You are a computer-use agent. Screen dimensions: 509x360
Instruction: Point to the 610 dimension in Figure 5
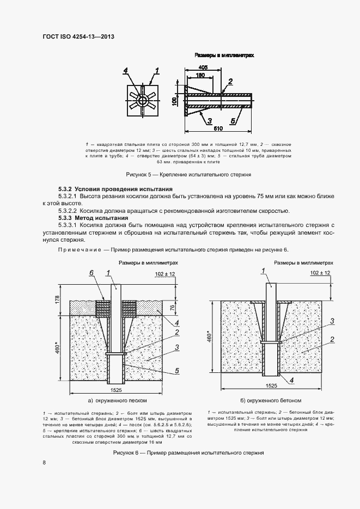pos(218,128)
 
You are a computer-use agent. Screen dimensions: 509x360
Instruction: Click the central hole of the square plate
pos(142,101)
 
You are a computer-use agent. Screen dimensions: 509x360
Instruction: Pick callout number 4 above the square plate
pos(125,70)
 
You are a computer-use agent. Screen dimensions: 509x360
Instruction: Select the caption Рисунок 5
pos(188,175)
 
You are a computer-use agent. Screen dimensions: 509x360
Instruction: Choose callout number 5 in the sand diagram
pos(177,371)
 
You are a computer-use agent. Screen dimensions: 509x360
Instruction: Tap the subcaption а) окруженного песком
pos(114,400)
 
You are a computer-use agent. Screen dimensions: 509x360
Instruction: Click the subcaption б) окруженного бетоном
pos(277,400)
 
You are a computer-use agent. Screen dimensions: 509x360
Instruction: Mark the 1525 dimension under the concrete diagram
pos(271,385)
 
